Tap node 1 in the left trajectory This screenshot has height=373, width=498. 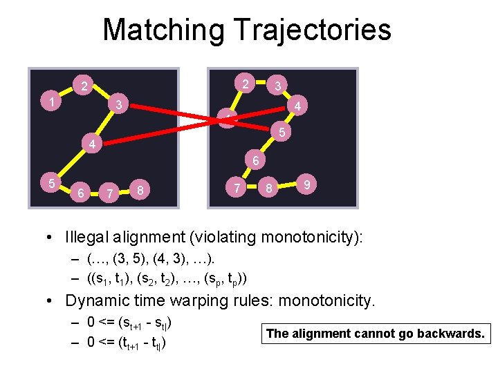pyautogui.click(x=52, y=102)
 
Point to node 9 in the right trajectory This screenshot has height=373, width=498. pyautogui.click(x=306, y=185)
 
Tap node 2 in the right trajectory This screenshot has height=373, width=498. pyautogui.click(x=244, y=84)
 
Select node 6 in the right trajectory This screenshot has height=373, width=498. pyautogui.click(x=255, y=162)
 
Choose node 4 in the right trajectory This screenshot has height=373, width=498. pyautogui.click(x=296, y=107)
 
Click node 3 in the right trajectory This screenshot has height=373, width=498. pyautogui.click(x=277, y=86)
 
